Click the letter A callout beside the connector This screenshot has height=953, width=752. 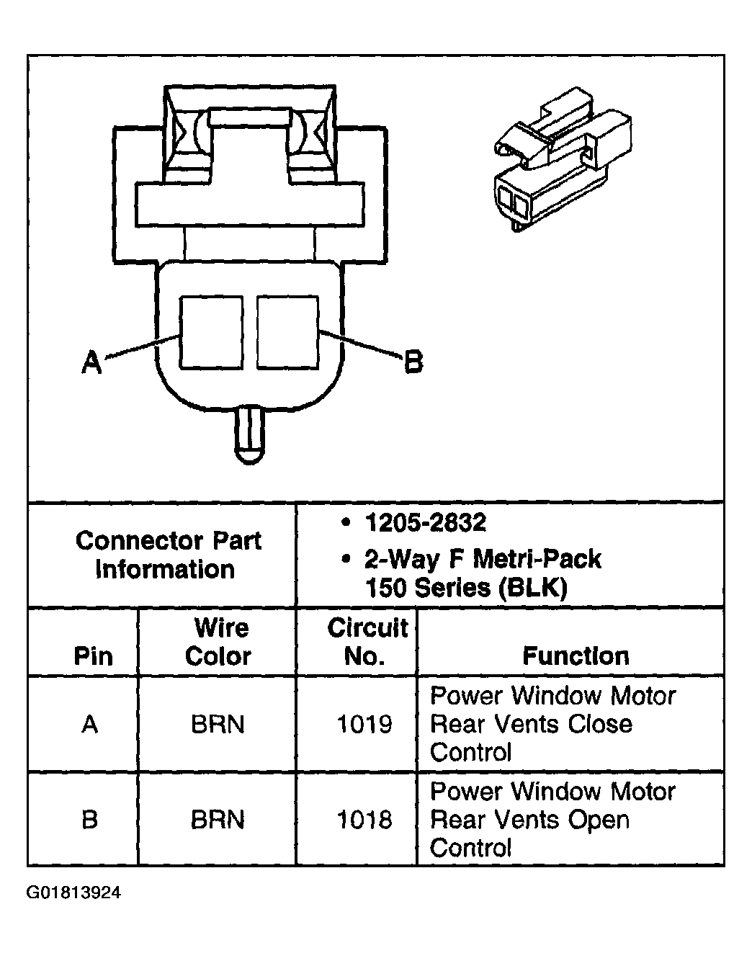click(x=91, y=362)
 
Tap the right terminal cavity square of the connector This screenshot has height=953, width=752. click(x=287, y=332)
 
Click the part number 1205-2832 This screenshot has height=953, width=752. click(x=426, y=523)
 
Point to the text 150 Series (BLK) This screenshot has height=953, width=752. click(x=466, y=588)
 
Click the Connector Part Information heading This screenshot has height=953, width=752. click(x=168, y=555)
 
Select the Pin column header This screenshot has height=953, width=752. click(x=94, y=656)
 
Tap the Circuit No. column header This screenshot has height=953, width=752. click(x=367, y=642)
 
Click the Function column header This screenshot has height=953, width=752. click(x=575, y=656)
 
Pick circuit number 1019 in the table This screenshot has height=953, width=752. click(x=364, y=724)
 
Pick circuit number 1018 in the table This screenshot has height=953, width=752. click(x=364, y=820)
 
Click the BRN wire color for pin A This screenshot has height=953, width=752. click(x=218, y=724)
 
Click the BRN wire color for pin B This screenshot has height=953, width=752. click(x=218, y=820)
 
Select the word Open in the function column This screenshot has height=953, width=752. click(x=599, y=820)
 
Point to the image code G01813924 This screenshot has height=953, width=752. click(x=74, y=894)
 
